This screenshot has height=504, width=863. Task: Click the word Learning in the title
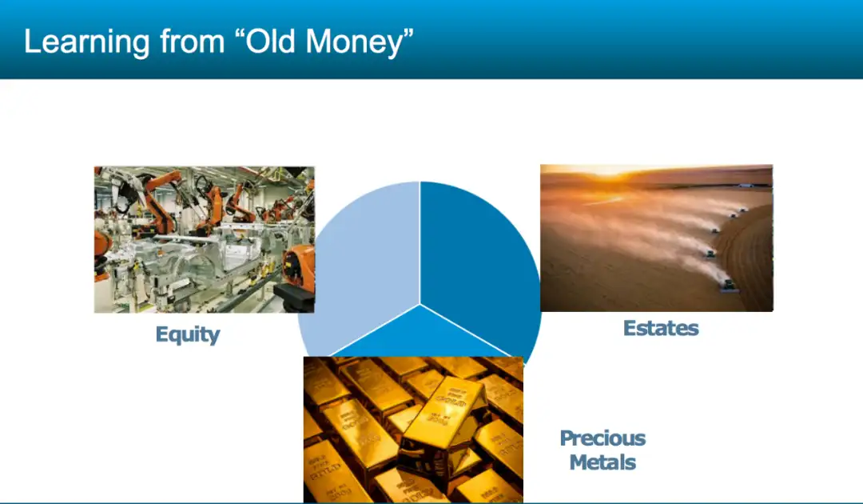click(x=87, y=42)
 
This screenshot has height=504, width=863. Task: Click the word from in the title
click(x=192, y=42)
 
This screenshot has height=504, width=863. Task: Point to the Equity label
click(x=188, y=334)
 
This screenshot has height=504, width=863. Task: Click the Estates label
click(x=661, y=328)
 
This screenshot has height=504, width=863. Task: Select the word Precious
click(x=603, y=438)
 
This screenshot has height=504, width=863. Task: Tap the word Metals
click(x=603, y=462)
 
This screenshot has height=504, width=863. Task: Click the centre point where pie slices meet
click(x=420, y=304)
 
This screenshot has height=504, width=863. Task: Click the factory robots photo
click(x=205, y=240)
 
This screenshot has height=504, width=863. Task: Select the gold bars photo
click(x=413, y=430)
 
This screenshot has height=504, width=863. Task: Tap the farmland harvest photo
click(x=657, y=238)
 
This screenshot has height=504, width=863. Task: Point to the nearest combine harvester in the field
click(x=729, y=286)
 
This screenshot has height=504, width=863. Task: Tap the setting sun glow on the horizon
click(x=608, y=170)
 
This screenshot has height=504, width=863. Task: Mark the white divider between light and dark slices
click(x=420, y=242)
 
